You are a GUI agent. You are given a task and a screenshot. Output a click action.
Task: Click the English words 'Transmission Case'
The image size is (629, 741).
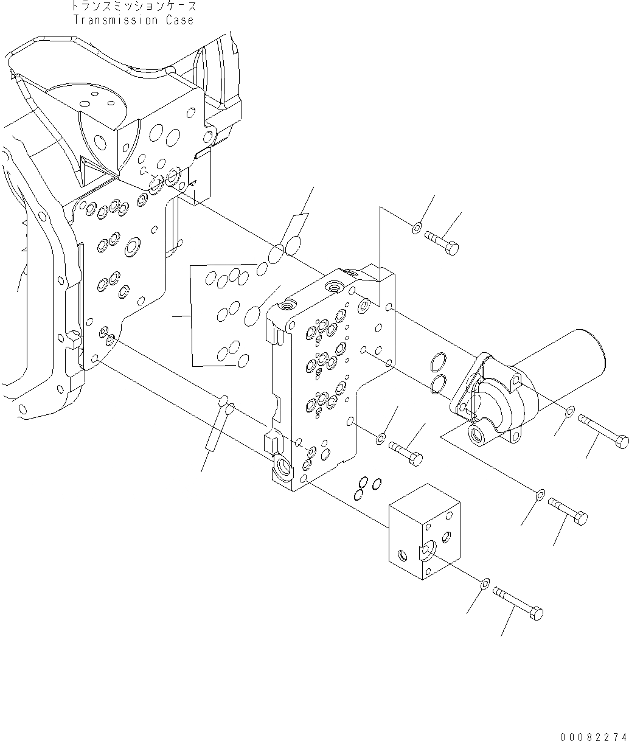point(133,20)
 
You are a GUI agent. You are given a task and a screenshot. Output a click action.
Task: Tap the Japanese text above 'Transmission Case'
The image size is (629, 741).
point(133,7)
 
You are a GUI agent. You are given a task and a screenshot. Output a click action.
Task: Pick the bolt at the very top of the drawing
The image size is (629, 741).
point(442,242)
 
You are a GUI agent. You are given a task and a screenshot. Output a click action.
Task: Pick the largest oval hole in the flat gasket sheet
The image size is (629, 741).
point(252,316)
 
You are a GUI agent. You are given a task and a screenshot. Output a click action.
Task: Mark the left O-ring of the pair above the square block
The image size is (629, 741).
point(363,482)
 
